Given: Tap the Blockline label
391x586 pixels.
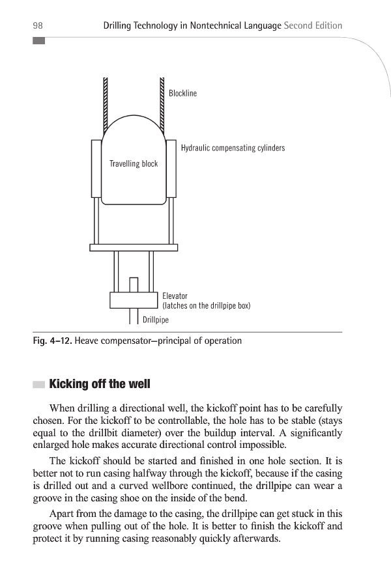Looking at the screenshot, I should (182, 93).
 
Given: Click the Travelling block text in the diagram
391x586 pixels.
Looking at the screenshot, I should (134, 163).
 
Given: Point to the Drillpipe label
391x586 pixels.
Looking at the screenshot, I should (156, 320).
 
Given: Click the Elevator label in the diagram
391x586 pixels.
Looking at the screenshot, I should (175, 296).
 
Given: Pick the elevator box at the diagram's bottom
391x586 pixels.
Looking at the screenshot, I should (134, 300).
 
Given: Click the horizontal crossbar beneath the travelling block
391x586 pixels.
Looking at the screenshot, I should (134, 247).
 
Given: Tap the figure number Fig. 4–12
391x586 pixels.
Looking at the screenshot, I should (51, 341).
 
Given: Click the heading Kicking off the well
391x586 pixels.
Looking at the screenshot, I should (100, 384).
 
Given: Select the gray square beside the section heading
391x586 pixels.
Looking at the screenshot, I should (38, 384).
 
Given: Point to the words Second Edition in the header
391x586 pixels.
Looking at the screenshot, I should (313, 25).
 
